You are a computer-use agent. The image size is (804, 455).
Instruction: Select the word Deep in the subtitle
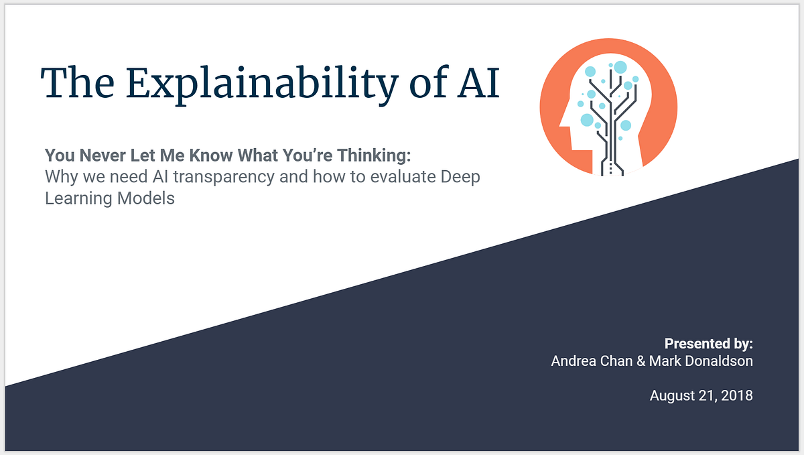(x=461, y=178)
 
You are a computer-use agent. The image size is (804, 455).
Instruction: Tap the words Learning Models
(x=110, y=199)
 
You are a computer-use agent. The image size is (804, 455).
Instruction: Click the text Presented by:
(x=708, y=344)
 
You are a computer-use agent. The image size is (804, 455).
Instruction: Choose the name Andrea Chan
(x=592, y=361)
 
